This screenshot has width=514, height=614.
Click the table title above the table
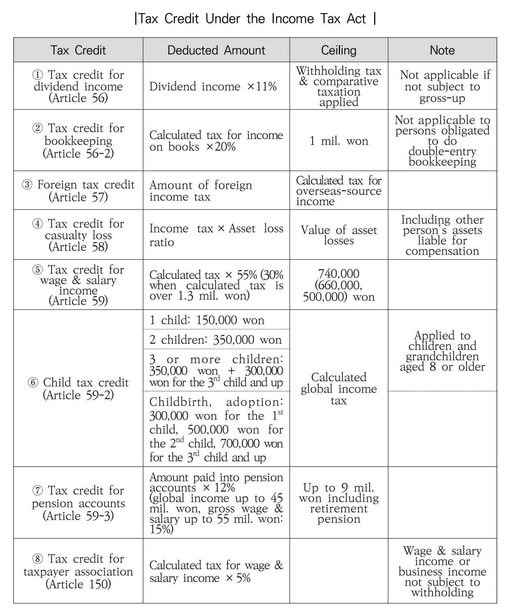pos(255,19)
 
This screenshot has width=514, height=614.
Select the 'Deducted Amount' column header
pos(216,50)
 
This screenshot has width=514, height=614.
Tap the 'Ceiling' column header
pos(338,50)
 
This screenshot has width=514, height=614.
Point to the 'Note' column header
pos(442,50)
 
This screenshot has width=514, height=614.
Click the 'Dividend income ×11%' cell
pos(213,86)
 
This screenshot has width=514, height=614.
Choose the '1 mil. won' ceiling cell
pos(339,141)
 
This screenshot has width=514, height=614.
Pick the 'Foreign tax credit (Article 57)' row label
pos(78,190)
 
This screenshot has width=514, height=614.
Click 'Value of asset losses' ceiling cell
pos(339,235)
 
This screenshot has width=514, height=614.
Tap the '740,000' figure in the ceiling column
pos(339,274)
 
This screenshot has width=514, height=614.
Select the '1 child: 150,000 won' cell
pos(207,320)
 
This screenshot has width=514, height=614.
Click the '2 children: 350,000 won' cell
pos(215,340)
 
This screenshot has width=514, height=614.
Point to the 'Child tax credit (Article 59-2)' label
pos(78,388)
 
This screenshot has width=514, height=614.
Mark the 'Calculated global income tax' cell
pos(339,389)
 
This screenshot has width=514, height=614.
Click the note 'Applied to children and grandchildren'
pos(442,351)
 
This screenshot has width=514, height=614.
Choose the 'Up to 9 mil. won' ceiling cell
pos(339,503)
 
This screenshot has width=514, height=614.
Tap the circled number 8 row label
pos(38,559)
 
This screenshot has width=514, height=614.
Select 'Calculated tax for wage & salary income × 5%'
pos(216,571)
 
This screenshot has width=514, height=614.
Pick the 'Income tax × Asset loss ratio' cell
pos(216,235)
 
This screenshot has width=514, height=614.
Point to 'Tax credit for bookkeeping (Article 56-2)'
pos(78,141)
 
